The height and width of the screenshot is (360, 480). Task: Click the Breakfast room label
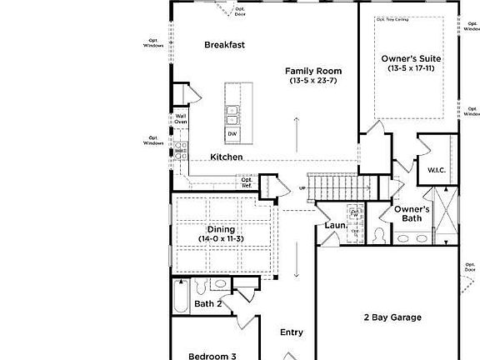pyautogui.click(x=224, y=45)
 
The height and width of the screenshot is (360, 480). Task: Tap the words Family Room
pyautogui.click(x=313, y=71)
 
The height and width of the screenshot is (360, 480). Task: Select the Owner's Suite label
pyautogui.click(x=411, y=58)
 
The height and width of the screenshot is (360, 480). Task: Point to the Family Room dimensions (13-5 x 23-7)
pyautogui.click(x=313, y=81)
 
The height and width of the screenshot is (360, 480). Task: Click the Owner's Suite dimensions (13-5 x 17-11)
pyautogui.click(x=411, y=68)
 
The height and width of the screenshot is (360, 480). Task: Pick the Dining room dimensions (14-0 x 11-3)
pyautogui.click(x=221, y=239)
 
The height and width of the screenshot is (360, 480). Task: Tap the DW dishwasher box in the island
pyautogui.click(x=232, y=134)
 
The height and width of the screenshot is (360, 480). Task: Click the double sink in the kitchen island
pyautogui.click(x=232, y=112)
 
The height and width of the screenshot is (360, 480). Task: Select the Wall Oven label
pyautogui.click(x=180, y=119)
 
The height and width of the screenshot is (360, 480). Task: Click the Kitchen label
pyautogui.click(x=226, y=157)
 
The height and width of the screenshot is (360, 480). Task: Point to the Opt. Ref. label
pyautogui.click(x=247, y=182)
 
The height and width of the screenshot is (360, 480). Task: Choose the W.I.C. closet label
pyautogui.click(x=437, y=170)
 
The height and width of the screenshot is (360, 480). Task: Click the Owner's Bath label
pyautogui.click(x=412, y=213)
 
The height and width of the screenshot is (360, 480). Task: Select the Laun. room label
pyautogui.click(x=336, y=225)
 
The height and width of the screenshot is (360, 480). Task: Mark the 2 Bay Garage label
pyautogui.click(x=392, y=317)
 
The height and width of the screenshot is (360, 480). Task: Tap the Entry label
pyautogui.click(x=292, y=332)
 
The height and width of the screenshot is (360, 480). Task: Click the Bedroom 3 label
pyautogui.click(x=212, y=356)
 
